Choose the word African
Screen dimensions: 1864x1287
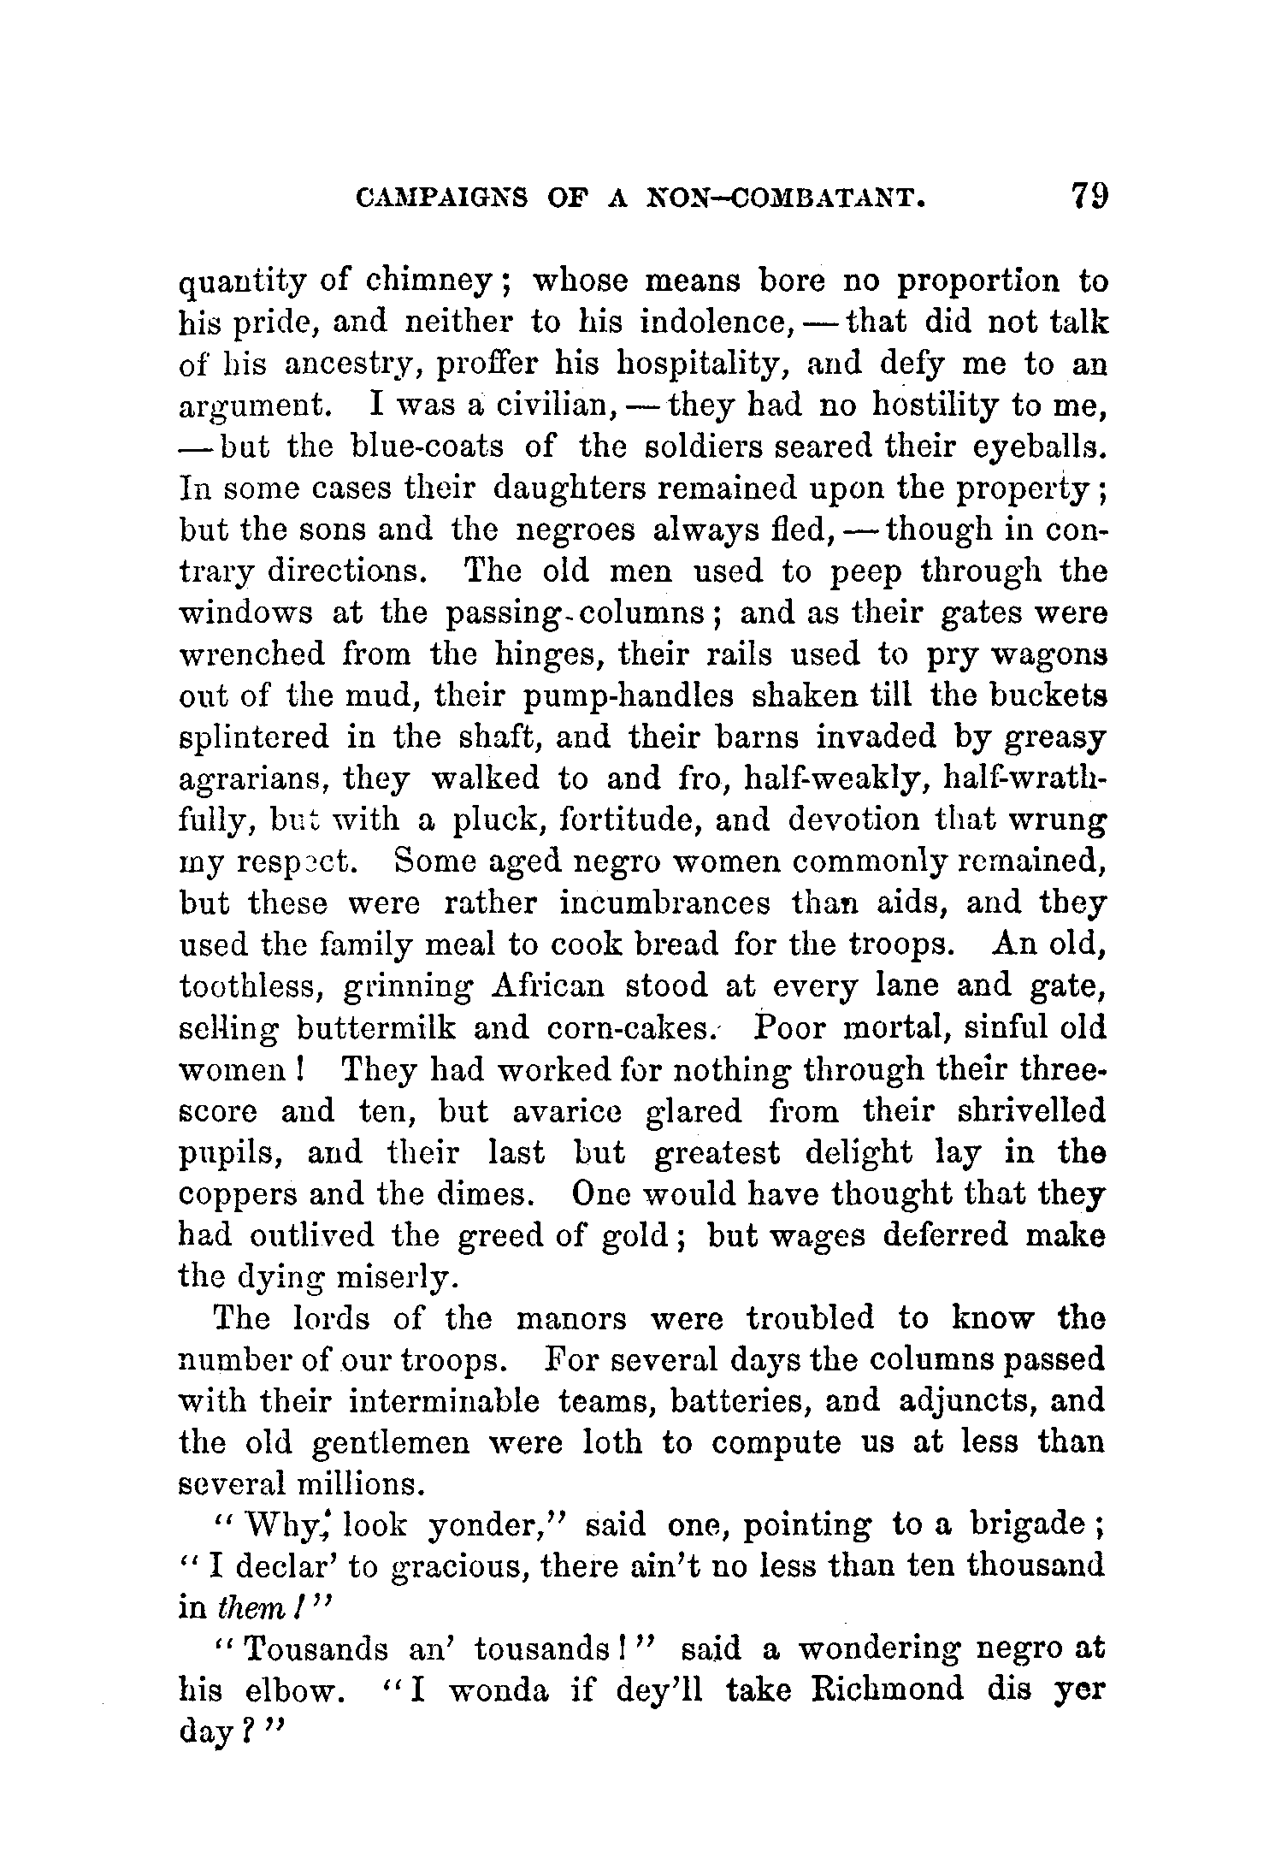548,986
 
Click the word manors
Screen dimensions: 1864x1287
571,1318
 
